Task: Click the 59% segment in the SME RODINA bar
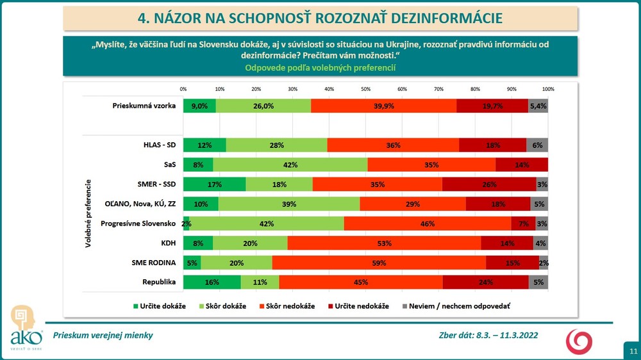pyautogui.click(x=379, y=262)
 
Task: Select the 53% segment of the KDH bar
pyautogui.click(x=385, y=243)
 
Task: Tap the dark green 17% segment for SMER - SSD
pyautogui.click(x=214, y=184)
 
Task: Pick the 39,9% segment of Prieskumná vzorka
pyautogui.click(x=383, y=106)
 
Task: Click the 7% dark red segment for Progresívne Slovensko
pyautogui.click(x=523, y=224)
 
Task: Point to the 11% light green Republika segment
pyautogui.click(x=260, y=282)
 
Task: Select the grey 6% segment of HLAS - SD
pyautogui.click(x=537, y=145)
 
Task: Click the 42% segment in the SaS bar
pyautogui.click(x=290, y=165)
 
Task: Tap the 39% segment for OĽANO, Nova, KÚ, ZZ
pyautogui.click(x=290, y=204)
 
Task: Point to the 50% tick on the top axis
pyautogui.click(x=366, y=88)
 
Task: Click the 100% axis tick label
pyautogui.click(x=548, y=88)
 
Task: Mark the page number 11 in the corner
pyautogui.click(x=633, y=350)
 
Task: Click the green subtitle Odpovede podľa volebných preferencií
pyautogui.click(x=320, y=67)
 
